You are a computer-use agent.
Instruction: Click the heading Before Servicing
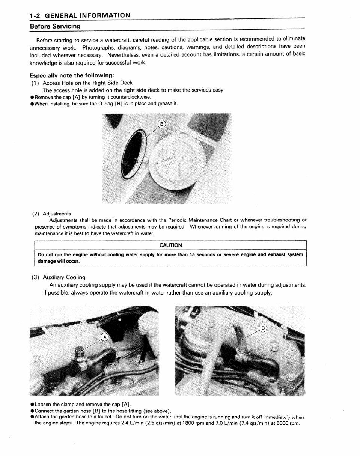(55, 26)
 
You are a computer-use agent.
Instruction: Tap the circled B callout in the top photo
(161, 124)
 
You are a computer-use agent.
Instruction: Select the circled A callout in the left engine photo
(105, 337)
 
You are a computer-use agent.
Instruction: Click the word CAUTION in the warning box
(170, 245)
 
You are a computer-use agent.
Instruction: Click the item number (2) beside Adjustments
(36, 214)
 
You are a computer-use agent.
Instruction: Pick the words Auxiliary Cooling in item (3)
(64, 277)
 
